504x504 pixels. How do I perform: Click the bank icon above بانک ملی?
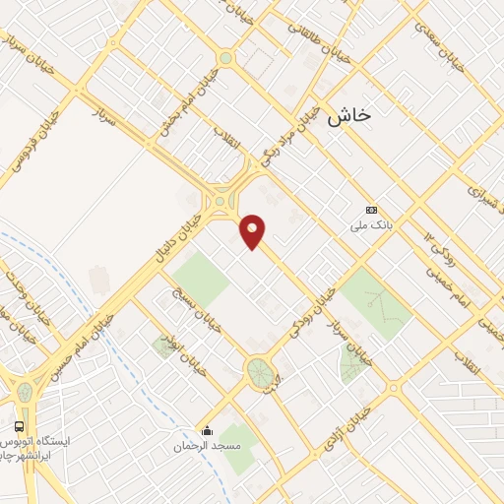point(371,210)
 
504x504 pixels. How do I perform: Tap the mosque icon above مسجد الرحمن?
point(206,431)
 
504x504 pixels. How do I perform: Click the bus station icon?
point(19,426)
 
